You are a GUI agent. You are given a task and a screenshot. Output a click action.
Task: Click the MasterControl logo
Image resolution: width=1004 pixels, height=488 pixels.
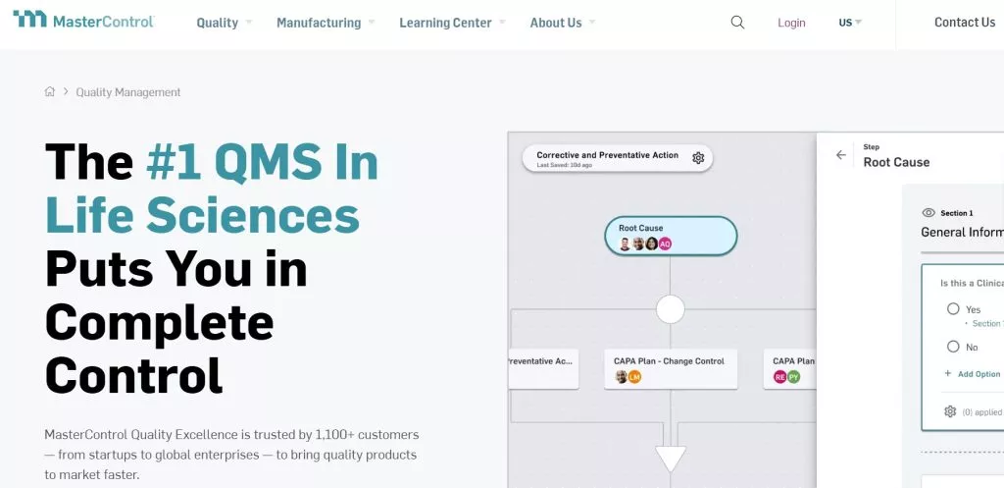(83, 20)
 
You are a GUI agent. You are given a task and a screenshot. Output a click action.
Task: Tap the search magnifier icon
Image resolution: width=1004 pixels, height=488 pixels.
(737, 23)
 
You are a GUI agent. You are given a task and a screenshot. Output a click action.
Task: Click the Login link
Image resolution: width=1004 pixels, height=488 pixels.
(791, 23)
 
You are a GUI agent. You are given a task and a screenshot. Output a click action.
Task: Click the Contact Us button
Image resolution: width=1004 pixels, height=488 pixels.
(964, 23)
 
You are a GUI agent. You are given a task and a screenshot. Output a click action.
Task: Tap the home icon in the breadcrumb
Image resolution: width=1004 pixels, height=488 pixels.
(50, 92)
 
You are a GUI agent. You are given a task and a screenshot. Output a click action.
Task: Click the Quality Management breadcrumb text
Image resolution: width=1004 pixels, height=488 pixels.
(128, 92)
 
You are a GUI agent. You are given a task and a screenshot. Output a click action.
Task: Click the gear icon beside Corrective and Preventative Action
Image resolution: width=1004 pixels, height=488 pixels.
(698, 158)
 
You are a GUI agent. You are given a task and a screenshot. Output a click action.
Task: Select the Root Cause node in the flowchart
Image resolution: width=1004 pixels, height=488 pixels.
(671, 236)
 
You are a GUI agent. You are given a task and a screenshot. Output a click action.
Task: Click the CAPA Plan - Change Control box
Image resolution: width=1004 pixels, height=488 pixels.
(670, 368)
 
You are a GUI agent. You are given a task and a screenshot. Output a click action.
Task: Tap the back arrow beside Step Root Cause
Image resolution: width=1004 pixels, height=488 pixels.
(840, 155)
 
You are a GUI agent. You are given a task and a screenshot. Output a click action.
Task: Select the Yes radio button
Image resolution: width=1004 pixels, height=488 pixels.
(953, 309)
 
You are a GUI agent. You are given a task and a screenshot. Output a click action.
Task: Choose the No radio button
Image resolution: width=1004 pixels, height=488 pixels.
(953, 347)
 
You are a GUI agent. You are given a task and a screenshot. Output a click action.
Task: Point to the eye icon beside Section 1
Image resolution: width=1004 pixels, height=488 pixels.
(929, 213)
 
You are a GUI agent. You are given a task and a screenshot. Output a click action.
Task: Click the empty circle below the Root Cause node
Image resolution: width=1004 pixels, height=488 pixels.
(671, 310)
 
